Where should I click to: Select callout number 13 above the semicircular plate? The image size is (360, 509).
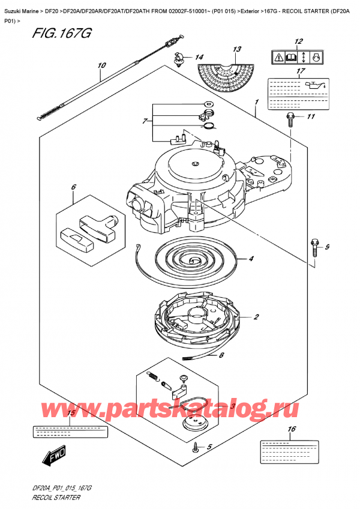(x=237, y=49)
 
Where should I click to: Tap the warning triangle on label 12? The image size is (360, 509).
(x=280, y=58)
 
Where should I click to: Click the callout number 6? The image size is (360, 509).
(x=73, y=188)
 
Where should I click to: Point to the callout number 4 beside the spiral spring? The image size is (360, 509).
(x=251, y=259)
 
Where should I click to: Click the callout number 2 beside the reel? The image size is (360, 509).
(x=256, y=317)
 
